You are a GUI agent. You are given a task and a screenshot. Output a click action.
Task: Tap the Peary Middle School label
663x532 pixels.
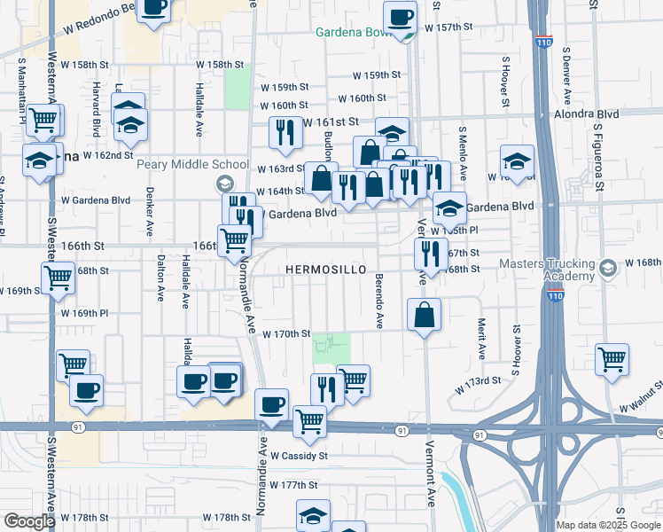[x=192, y=164]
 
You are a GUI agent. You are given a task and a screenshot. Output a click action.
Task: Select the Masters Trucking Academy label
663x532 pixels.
[x=558, y=270]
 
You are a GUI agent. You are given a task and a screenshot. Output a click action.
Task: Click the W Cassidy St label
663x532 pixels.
[x=299, y=456]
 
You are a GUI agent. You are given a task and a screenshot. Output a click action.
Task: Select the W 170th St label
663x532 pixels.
[x=287, y=334]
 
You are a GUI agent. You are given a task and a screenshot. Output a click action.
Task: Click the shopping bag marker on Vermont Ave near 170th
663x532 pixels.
[x=425, y=315]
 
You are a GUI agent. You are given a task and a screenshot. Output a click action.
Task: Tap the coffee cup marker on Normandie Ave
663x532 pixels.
[x=271, y=405]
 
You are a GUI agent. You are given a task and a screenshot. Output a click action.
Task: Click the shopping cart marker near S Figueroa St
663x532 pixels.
[x=612, y=360]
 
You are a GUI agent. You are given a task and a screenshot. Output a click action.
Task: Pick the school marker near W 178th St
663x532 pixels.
[x=313, y=516]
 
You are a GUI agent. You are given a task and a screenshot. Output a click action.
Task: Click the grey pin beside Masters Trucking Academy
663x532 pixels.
[x=607, y=268]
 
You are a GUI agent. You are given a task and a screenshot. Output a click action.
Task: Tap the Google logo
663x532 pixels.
[x=30, y=521]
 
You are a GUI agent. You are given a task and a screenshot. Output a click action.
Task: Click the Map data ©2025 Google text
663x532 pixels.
[x=607, y=525]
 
